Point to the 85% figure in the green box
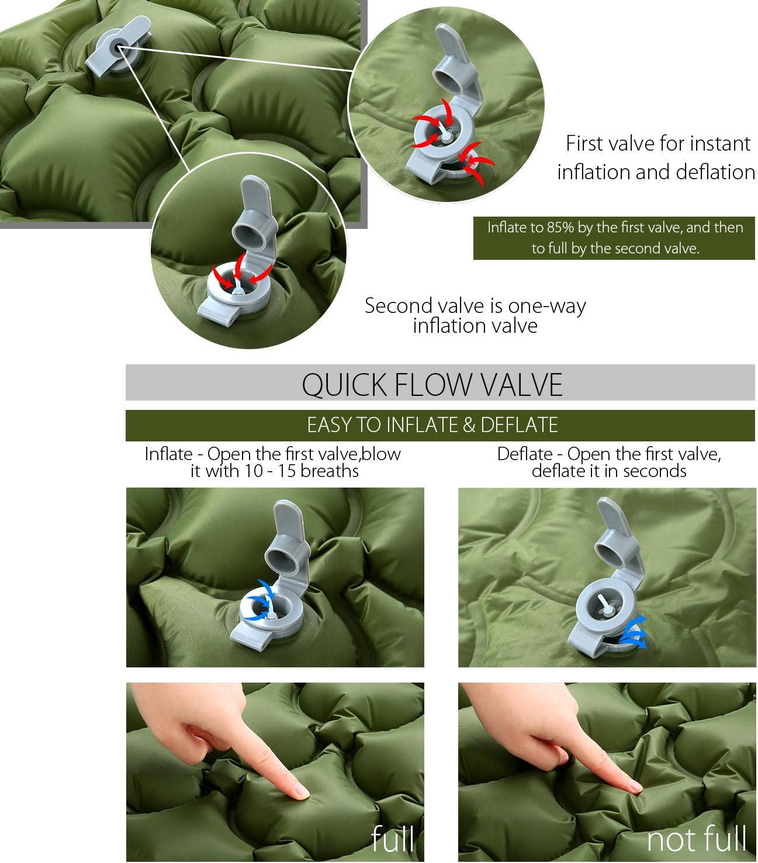point(560,228)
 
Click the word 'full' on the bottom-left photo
point(393,839)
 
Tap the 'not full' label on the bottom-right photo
point(696,839)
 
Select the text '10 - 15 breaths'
point(302,471)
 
